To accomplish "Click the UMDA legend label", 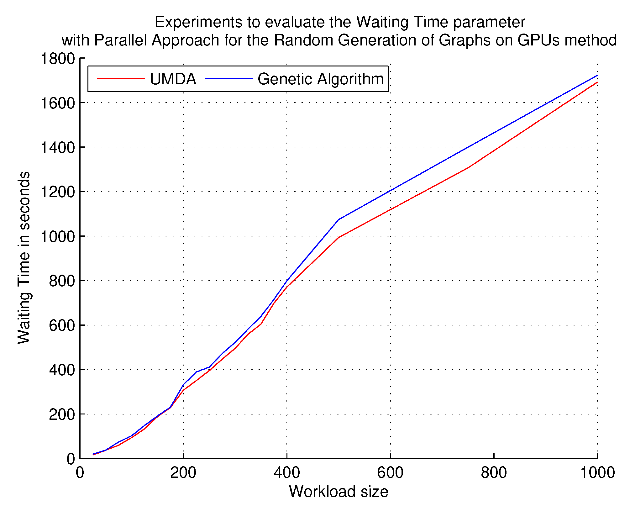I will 173,79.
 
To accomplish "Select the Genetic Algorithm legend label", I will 320,79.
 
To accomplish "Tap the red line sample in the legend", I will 121,78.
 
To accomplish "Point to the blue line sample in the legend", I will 229,78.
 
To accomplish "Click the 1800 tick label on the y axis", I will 58,59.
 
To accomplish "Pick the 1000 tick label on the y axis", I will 58,236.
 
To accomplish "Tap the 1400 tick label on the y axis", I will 58,147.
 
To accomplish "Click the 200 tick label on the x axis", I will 183,472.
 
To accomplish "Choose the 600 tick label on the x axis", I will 390,472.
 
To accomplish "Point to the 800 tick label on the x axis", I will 494,472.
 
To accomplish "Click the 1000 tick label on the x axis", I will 597,472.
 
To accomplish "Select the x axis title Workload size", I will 339,491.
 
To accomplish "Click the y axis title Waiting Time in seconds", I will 24,258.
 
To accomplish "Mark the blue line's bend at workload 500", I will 339,219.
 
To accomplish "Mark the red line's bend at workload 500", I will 339,237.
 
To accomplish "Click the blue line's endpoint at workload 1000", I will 597,75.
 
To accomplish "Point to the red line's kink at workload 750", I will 468,168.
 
